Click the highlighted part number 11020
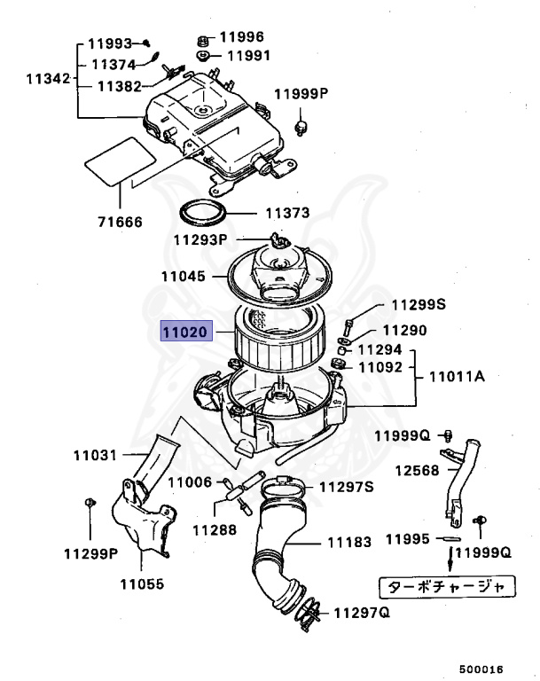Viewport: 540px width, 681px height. click(184, 333)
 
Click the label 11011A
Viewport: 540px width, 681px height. click(458, 377)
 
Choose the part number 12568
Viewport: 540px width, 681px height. click(418, 470)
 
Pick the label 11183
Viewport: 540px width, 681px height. click(350, 542)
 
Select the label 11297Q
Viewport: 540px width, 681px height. click(363, 613)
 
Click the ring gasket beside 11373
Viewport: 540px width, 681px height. click(202, 213)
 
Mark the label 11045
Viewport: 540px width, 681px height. click(184, 277)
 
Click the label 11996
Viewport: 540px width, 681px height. click(242, 37)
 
